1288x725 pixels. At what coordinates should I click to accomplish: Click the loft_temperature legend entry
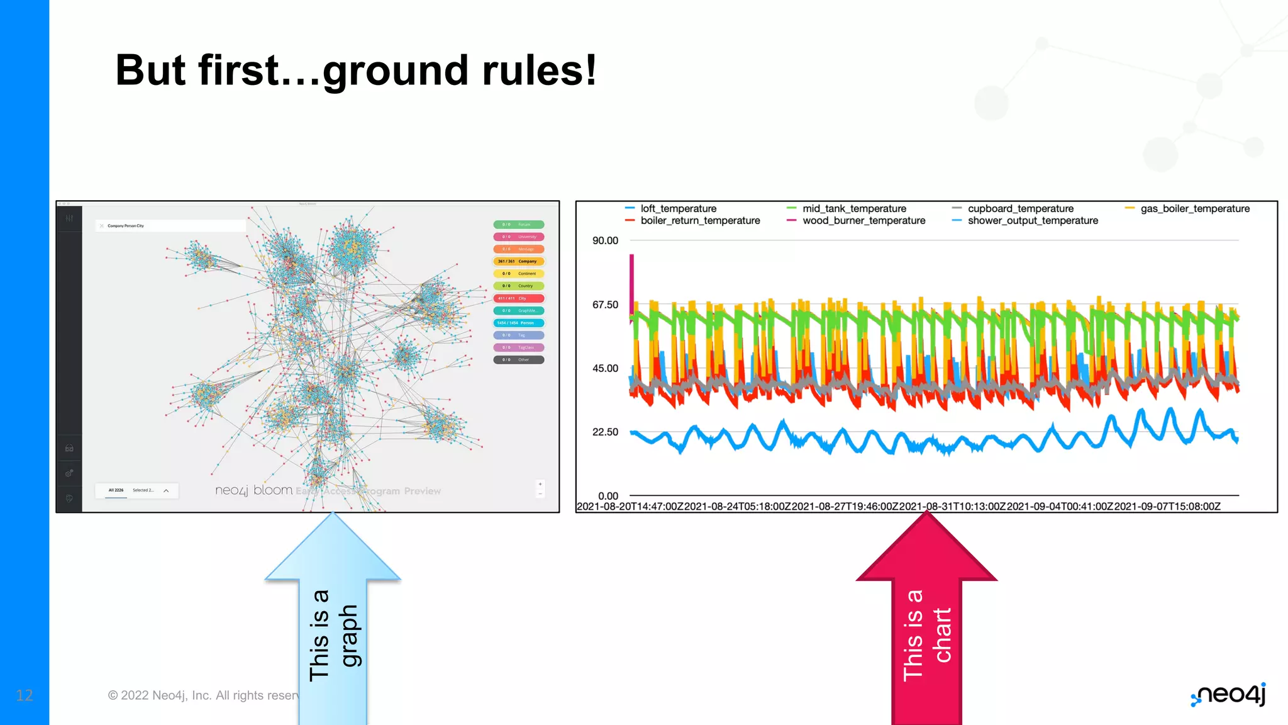678,208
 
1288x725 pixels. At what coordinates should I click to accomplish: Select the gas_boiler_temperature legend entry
1194,208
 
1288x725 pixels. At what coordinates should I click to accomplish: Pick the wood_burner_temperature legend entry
863,221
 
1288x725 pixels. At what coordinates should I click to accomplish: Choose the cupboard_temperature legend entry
1020,208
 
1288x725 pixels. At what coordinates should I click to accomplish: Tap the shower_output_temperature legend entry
1032,221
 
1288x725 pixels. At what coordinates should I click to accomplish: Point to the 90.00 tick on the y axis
605,240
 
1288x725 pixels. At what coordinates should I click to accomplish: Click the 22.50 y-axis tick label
605,432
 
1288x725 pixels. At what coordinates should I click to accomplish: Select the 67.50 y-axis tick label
605,305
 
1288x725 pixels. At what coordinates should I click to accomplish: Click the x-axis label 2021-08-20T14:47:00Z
630,507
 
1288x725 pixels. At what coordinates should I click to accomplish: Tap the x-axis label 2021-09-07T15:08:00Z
1167,507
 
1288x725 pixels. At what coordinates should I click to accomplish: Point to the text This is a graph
333,636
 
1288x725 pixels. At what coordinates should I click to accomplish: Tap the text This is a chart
926,636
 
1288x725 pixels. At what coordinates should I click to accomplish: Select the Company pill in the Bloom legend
519,261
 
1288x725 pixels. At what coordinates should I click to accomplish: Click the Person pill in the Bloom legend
519,323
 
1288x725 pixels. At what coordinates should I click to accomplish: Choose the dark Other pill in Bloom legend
519,360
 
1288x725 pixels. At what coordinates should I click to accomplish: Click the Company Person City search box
170,225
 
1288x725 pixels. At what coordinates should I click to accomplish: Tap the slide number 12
25,695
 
